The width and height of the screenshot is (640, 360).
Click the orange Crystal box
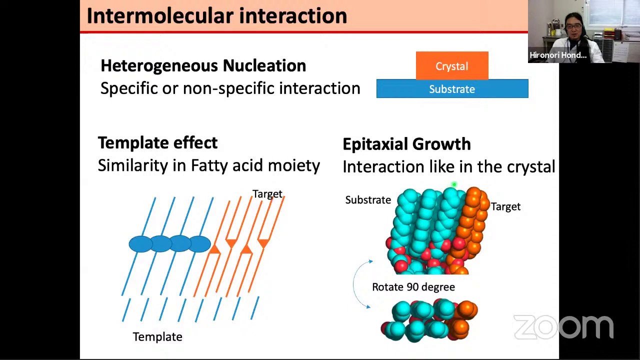(452, 66)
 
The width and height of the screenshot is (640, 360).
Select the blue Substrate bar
(452, 89)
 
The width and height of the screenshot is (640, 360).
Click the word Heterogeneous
(159, 65)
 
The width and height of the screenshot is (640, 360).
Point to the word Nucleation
(264, 65)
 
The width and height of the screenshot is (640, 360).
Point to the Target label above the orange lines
(267, 194)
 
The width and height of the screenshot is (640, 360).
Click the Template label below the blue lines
(157, 337)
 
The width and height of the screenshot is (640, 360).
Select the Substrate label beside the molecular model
(368, 200)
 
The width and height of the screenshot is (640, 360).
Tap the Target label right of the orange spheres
(505, 207)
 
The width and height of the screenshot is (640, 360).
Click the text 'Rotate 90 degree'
(413, 287)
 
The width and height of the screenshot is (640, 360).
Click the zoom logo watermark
(563, 327)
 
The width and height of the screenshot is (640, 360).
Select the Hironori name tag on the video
(558, 55)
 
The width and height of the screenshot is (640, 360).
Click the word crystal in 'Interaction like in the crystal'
(530, 167)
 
